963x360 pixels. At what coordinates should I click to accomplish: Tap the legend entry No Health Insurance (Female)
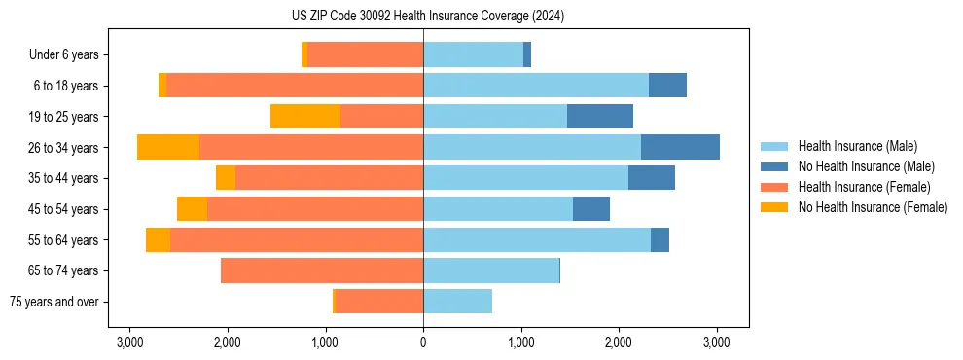coord(873,207)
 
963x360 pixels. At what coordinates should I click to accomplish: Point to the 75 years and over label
coord(54,302)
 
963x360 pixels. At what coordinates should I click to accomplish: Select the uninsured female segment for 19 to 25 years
coord(305,117)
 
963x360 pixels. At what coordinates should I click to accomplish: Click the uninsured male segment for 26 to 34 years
coord(680,147)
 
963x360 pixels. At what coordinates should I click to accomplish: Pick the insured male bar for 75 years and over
coord(457,302)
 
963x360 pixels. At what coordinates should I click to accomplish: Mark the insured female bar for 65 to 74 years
coord(322,270)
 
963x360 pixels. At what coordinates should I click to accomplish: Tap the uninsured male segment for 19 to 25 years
coord(600,117)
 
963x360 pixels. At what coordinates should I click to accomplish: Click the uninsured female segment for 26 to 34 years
coord(168,147)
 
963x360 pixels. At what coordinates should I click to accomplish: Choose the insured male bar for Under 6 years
coord(473,54)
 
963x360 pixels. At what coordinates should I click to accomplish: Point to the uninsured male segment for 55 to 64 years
coord(660,239)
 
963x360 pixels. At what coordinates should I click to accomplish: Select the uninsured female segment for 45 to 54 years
coord(192,209)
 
